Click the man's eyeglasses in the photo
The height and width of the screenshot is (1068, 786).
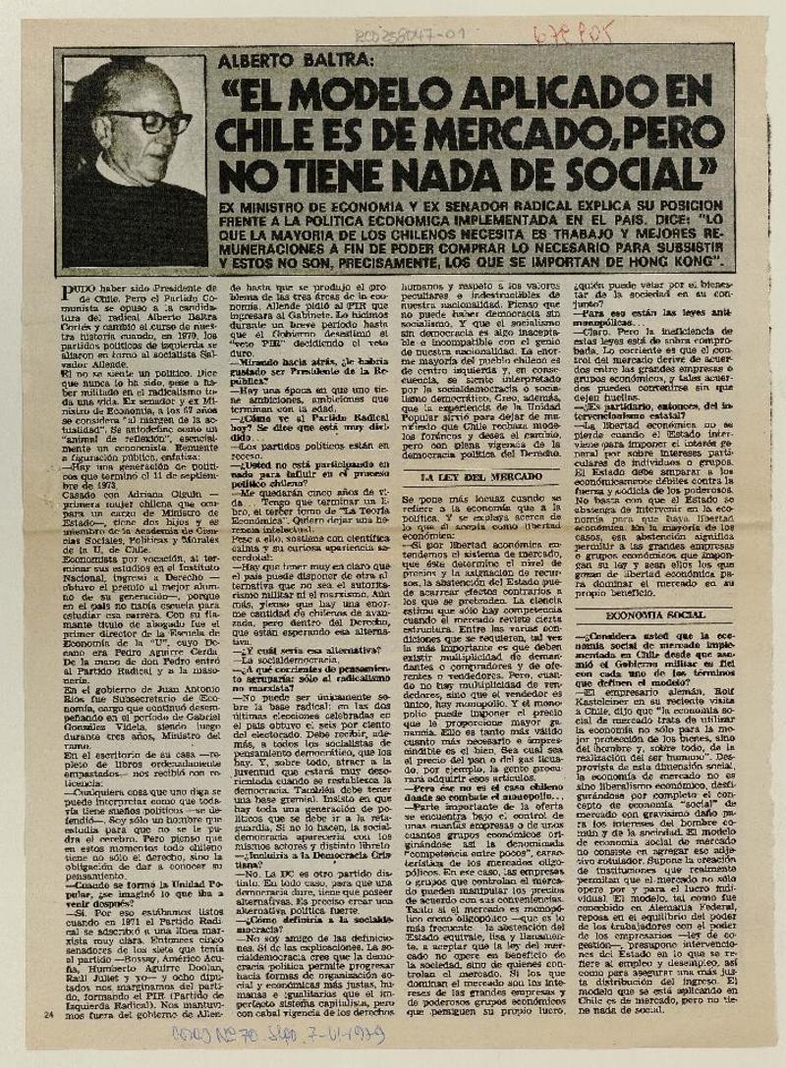click(x=149, y=123)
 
